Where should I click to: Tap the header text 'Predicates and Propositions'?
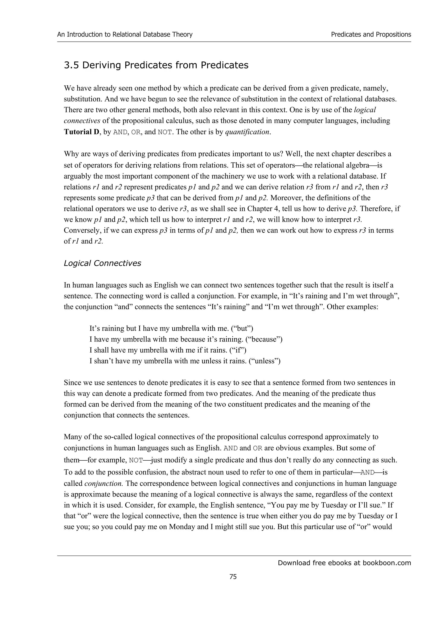pos(371,35)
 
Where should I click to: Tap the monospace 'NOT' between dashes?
pos(136,460)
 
